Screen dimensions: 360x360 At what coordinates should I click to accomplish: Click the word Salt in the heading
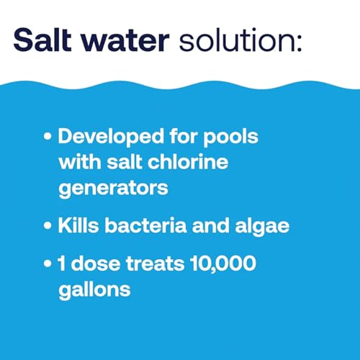tap(42, 40)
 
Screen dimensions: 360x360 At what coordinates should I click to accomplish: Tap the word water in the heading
tap(125, 41)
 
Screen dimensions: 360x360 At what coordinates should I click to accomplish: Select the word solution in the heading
tap(236, 40)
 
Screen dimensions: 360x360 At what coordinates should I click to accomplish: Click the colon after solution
tap(299, 42)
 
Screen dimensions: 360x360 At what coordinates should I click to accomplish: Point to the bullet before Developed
tap(48, 136)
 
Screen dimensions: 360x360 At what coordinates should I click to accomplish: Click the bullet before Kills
tap(48, 226)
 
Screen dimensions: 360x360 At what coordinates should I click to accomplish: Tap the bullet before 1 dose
tap(48, 264)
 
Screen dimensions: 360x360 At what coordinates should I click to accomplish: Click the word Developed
tap(111, 137)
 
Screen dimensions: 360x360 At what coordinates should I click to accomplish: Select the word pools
tap(230, 138)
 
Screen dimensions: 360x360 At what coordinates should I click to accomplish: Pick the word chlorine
tap(188, 161)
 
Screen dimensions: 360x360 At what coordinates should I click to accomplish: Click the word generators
tap(113, 189)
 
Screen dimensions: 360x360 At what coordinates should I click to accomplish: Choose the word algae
tap(262, 227)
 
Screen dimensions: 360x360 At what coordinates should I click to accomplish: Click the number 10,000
tap(223, 264)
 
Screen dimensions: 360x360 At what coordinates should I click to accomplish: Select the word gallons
tap(94, 290)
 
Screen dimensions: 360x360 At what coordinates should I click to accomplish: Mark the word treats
tap(156, 264)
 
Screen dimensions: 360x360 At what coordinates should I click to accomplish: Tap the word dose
tap(96, 263)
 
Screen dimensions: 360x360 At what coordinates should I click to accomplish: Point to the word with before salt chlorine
tap(80, 161)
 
